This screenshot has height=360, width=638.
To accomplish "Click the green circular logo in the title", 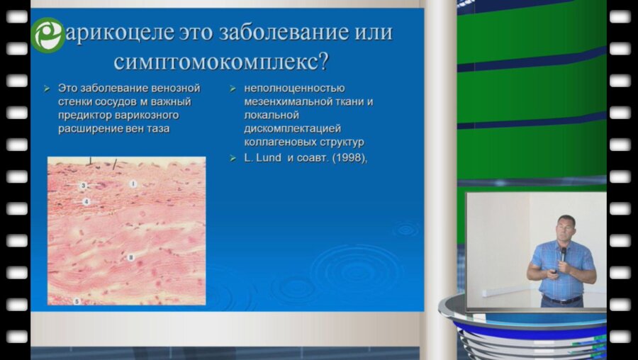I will tap(47, 35).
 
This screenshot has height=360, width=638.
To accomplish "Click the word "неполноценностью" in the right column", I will tap(294, 89).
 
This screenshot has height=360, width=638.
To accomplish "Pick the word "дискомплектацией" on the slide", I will tap(292, 128).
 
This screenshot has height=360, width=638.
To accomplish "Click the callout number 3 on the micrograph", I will tap(83, 186).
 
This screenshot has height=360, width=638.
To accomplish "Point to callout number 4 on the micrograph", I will tap(85, 201).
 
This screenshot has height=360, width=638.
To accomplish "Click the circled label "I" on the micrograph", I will tap(133, 184).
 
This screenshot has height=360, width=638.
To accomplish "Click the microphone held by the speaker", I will tap(564, 252).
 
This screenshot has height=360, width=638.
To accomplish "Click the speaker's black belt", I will tap(561, 299).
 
